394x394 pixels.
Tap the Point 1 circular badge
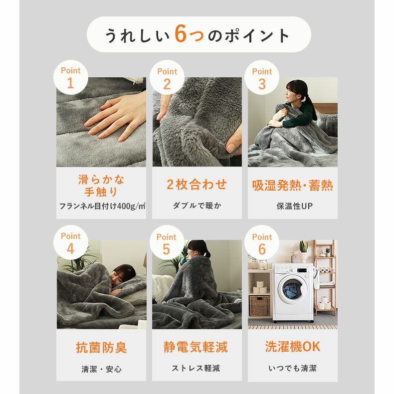coord(70,78)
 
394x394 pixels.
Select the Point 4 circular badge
coord(70,243)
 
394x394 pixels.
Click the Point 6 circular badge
coord(262,243)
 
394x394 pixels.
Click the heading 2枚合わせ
coord(197,185)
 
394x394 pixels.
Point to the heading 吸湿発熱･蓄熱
coord(292,186)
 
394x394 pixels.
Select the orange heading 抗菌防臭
coord(101,348)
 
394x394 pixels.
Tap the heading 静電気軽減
coord(196,347)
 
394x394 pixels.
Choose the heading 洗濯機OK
coord(293,347)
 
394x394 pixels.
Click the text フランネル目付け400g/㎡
coord(101,206)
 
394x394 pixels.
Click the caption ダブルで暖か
coord(197,205)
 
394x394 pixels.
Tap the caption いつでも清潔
coord(292,369)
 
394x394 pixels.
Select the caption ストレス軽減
coord(196,369)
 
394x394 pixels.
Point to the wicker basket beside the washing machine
coord(259,306)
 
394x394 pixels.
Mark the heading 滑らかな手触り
coord(101,186)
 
